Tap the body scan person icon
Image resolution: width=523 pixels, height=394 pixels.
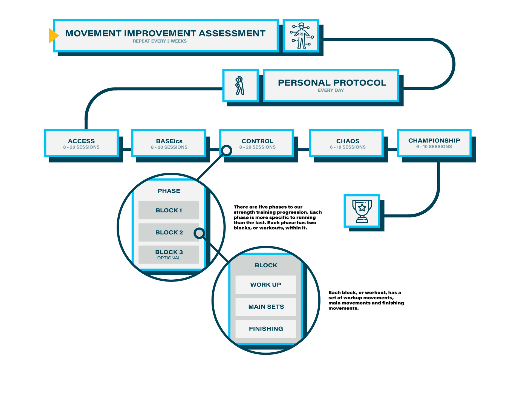click(x=301, y=36)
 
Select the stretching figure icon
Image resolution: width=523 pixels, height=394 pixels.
click(x=240, y=86)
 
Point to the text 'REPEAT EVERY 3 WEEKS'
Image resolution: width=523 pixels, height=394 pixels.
click(x=160, y=41)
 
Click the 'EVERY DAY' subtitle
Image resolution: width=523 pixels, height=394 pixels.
click(x=331, y=91)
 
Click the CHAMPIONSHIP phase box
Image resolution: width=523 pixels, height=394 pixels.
click(x=434, y=143)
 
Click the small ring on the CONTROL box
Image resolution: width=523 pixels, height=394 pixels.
click(x=227, y=150)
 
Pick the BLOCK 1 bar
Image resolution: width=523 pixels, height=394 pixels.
click(x=169, y=210)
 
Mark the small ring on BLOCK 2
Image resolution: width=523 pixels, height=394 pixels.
click(x=199, y=233)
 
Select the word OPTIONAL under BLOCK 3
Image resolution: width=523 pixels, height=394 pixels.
click(x=169, y=258)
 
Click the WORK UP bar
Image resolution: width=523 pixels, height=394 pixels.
click(x=265, y=285)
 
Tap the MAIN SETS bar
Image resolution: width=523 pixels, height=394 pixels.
click(x=265, y=307)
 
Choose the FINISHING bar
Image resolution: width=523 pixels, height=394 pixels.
click(x=265, y=329)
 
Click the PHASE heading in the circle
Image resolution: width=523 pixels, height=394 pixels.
click(x=169, y=191)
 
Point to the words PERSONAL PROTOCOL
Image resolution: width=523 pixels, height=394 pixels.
click(x=332, y=83)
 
